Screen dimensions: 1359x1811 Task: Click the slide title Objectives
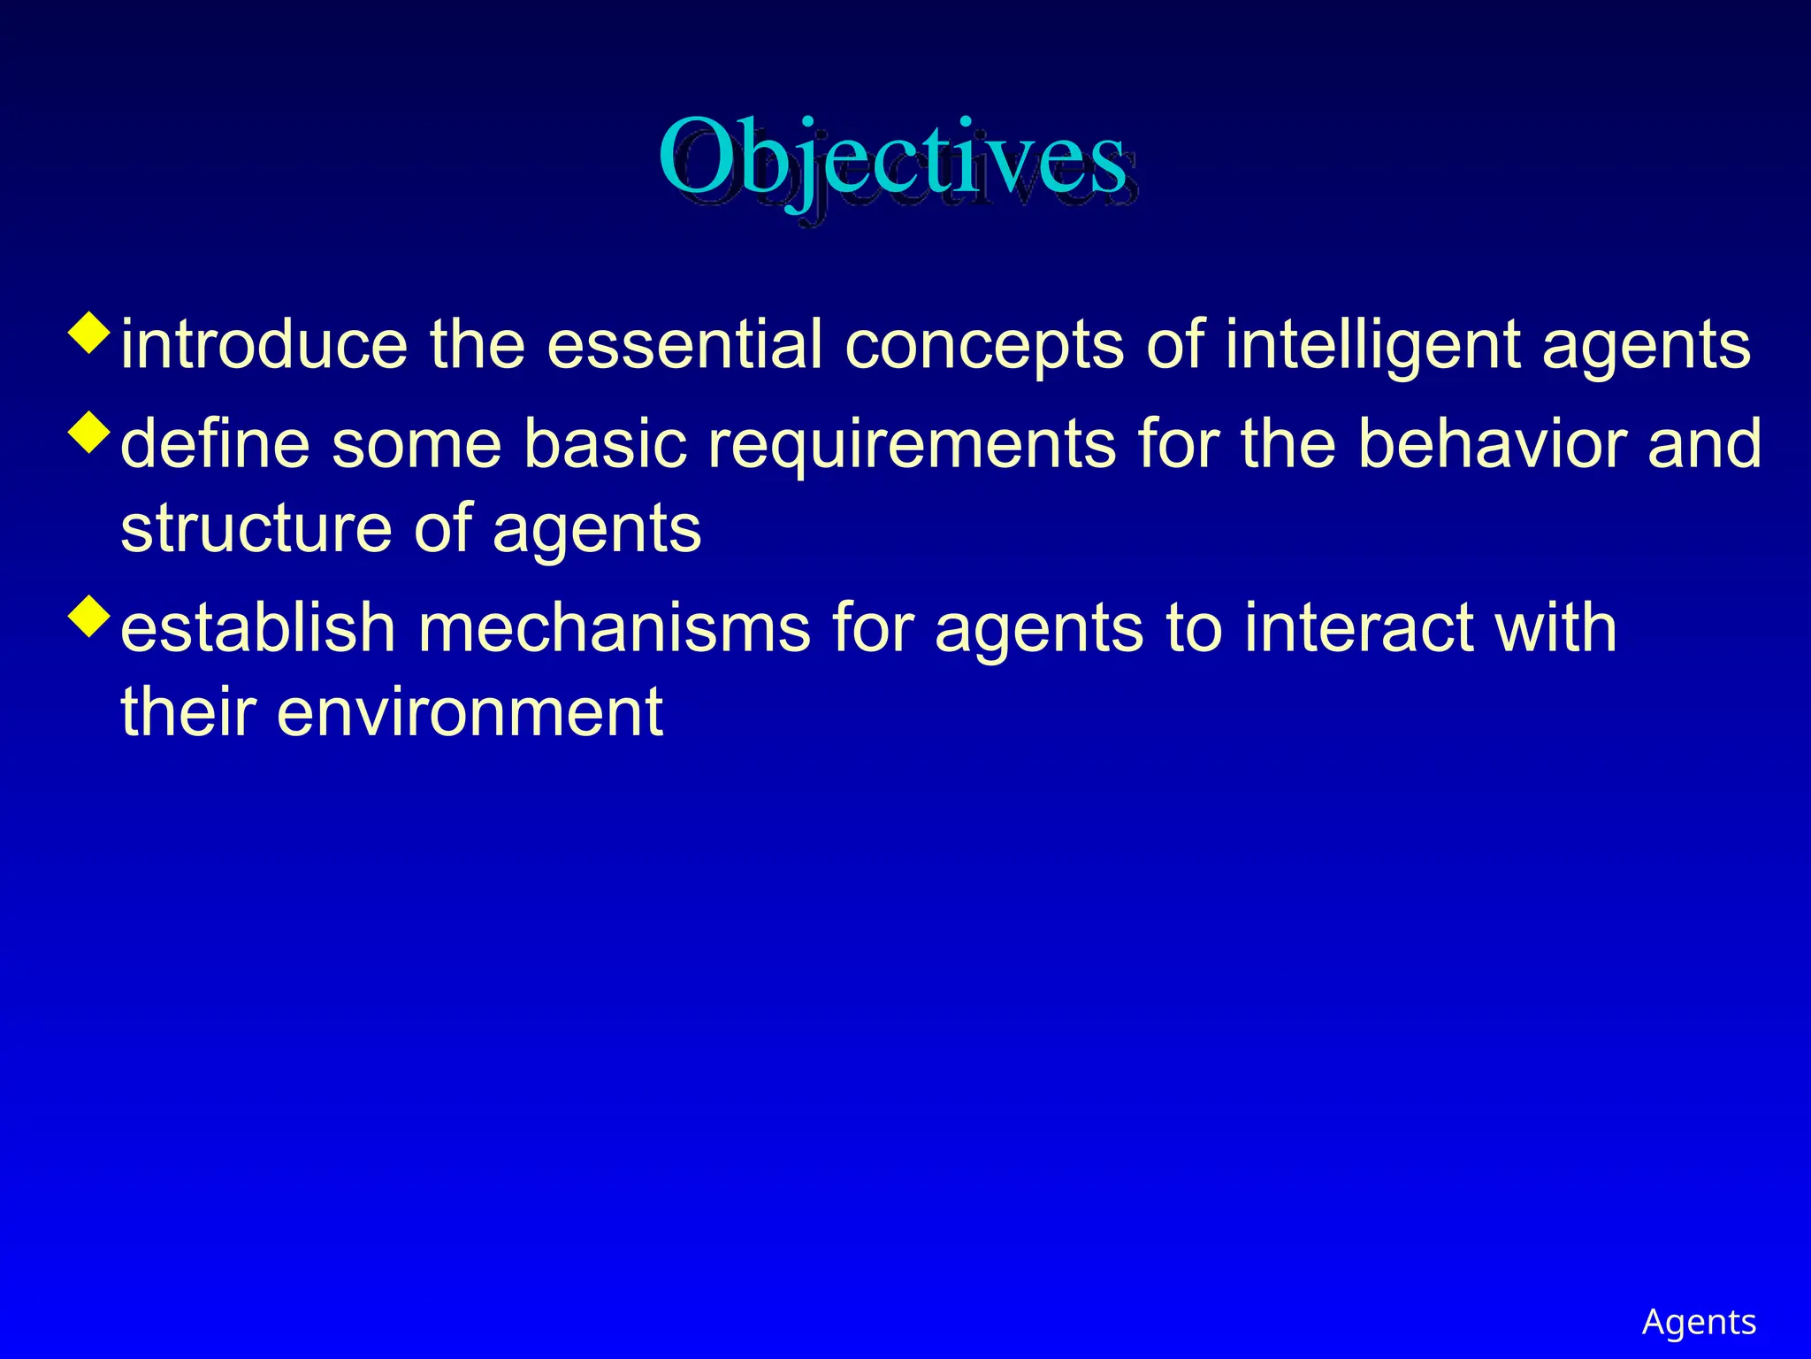[893, 159]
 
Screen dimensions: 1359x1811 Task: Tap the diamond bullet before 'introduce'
[89, 333]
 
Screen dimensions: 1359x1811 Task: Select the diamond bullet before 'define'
[89, 432]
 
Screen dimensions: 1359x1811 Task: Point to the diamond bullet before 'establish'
[89, 616]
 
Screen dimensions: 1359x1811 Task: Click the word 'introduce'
[264, 345]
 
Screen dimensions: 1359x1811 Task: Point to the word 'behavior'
[1492, 444]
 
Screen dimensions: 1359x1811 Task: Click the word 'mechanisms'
[614, 628]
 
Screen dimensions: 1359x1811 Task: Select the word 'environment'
[469, 713]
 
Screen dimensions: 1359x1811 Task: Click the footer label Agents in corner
[1698, 1322]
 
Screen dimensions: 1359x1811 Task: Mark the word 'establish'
[257, 628]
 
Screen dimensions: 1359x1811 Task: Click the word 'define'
[215, 444]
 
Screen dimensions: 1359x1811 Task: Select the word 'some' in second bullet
[416, 444]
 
